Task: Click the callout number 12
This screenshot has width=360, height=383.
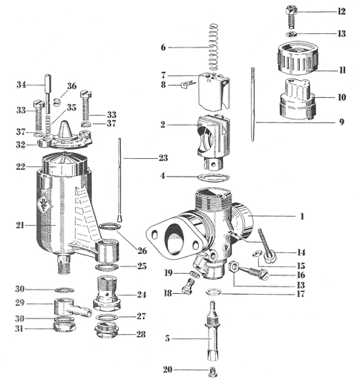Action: click(x=341, y=11)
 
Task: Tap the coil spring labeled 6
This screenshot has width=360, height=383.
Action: click(x=213, y=47)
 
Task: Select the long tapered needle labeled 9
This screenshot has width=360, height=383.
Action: click(x=252, y=104)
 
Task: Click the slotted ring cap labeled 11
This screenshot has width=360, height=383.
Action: click(x=297, y=59)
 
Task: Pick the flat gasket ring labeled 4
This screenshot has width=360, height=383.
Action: click(x=214, y=177)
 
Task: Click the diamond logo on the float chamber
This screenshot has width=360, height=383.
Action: click(x=44, y=203)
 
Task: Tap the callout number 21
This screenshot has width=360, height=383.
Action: click(x=20, y=226)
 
